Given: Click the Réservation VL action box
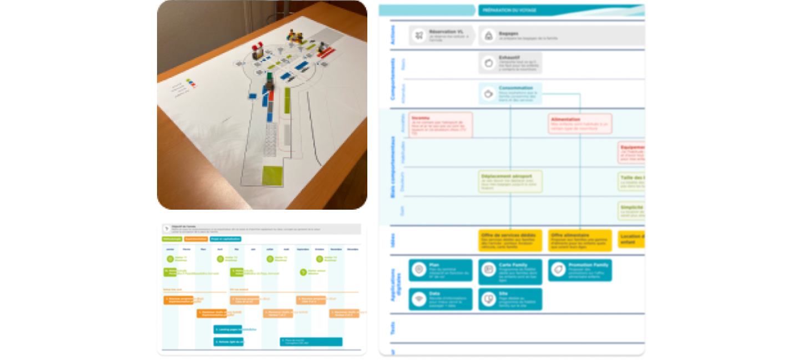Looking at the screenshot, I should (442, 35).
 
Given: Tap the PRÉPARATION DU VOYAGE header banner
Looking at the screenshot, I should (560, 10).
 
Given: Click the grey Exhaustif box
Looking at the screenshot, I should (510, 63).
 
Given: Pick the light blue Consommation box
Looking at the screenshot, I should (510, 93).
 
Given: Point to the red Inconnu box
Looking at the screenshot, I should (441, 124).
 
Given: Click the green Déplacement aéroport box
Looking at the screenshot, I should (510, 181).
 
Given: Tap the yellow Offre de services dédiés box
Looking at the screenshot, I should (510, 241).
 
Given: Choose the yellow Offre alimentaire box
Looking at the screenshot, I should (580, 241).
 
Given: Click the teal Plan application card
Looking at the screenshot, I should (441, 270).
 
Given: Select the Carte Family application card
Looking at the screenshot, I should (510, 270).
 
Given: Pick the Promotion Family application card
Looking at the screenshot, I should (580, 270).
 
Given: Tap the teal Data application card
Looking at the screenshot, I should (441, 299).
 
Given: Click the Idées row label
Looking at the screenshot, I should (393, 240).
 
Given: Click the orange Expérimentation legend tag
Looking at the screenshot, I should (196, 239).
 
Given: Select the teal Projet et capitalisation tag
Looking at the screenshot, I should (226, 239).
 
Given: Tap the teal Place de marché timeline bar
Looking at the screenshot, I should (311, 342).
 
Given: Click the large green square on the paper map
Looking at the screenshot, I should (272, 176).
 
